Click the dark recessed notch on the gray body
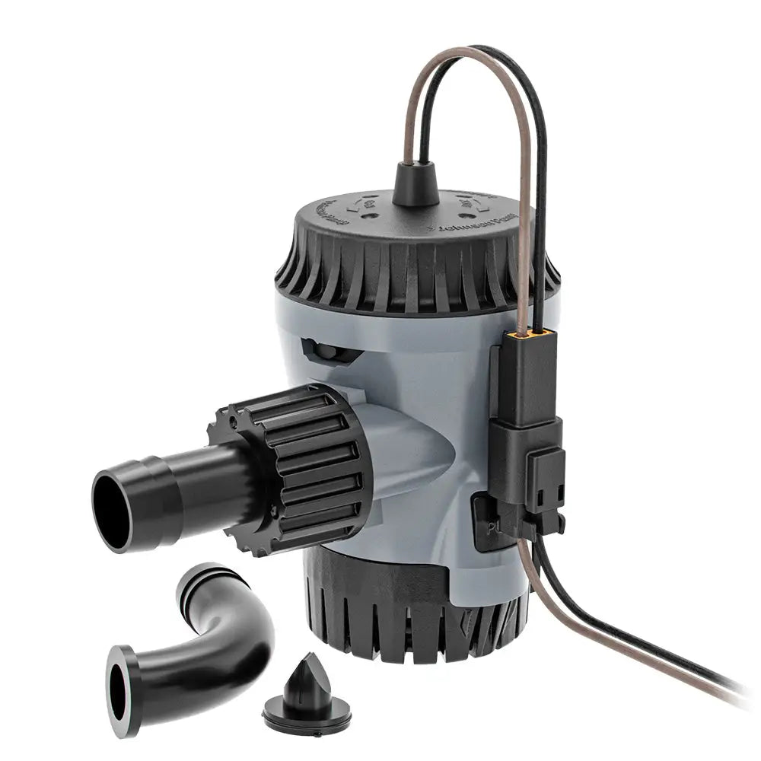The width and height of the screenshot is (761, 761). coord(327,351)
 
